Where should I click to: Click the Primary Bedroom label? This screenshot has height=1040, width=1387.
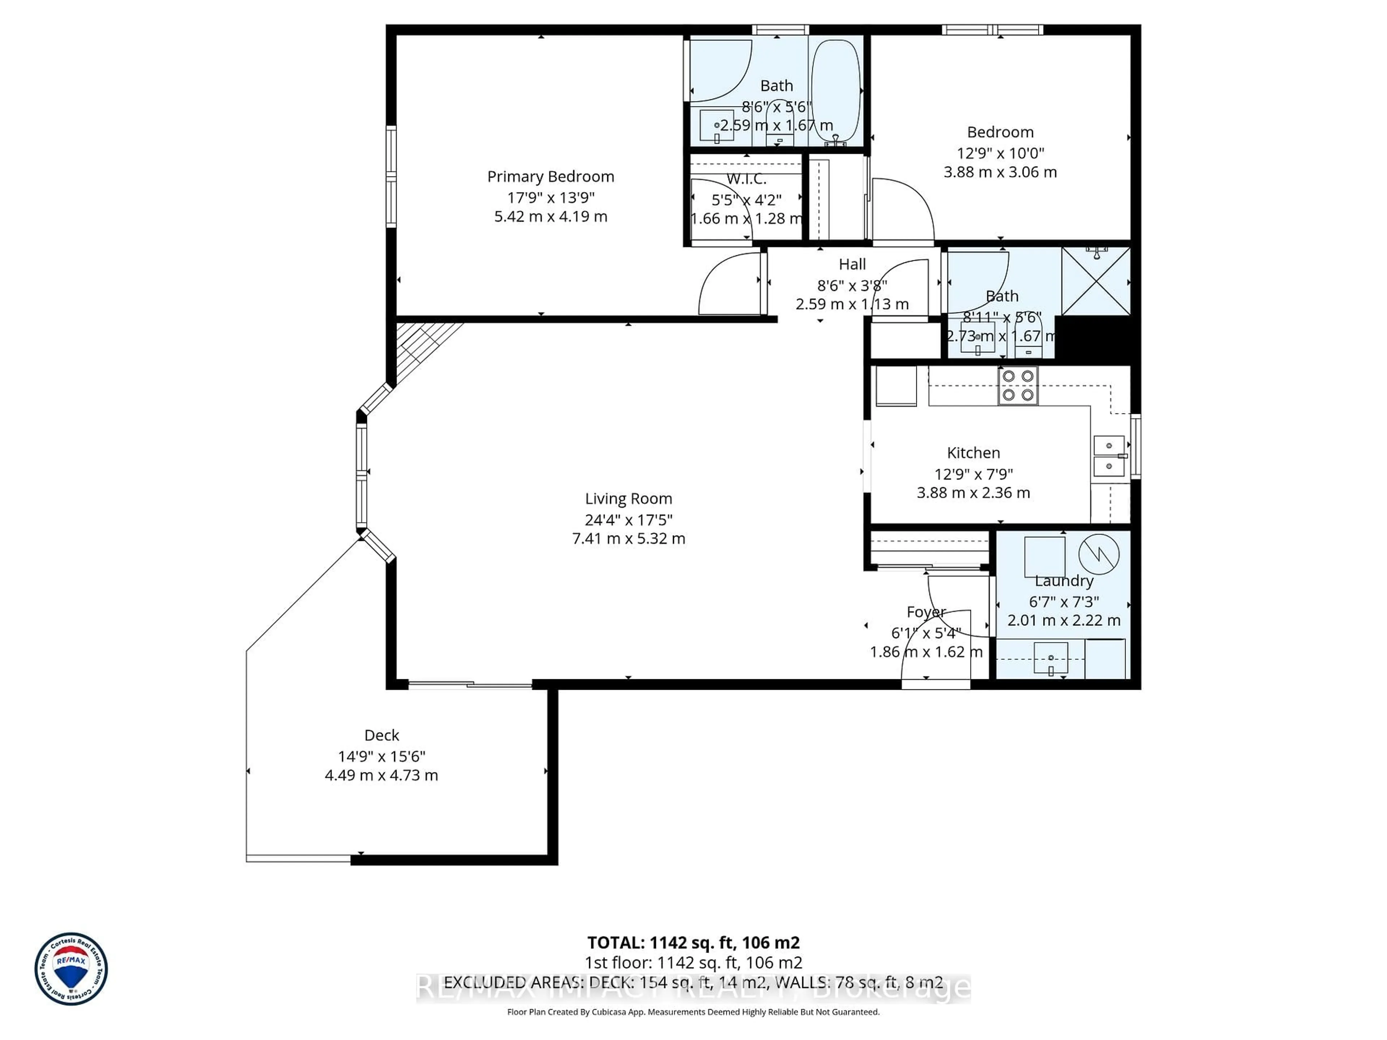[550, 177]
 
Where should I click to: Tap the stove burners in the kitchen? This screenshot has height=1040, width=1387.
[1018, 386]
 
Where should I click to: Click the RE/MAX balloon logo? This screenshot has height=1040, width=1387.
[71, 968]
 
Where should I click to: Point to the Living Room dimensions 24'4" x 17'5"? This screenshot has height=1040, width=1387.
[628, 520]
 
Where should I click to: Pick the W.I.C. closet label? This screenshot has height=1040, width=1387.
[746, 179]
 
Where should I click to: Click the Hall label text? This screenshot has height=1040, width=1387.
[852, 265]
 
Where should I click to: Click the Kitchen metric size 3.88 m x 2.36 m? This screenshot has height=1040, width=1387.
[973, 493]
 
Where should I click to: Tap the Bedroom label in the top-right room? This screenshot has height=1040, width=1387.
[1000, 132]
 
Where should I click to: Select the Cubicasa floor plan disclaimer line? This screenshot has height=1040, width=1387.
[693, 1012]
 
